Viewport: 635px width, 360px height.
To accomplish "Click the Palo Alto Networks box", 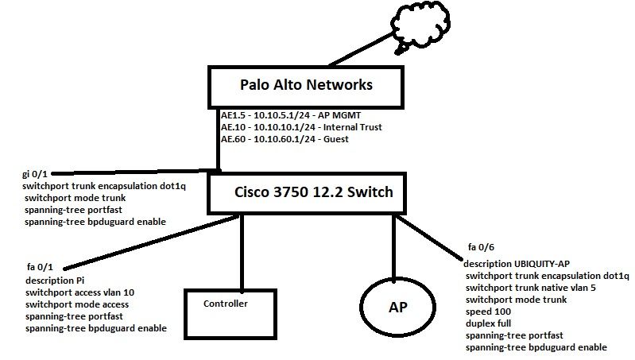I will (307, 85).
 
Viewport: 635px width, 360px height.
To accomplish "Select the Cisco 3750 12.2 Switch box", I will (313, 192).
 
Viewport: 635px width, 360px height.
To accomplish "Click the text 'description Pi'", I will (54, 281).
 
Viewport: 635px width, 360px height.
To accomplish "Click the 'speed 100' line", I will (486, 312).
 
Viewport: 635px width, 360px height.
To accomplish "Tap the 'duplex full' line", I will (488, 323).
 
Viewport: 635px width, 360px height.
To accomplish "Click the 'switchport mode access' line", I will (76, 304).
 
